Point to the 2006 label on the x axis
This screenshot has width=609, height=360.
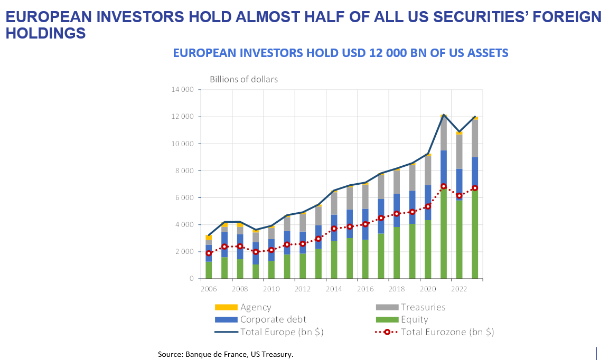click(208, 289)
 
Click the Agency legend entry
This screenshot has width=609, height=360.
click(255, 307)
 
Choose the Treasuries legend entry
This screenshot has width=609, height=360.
click(423, 307)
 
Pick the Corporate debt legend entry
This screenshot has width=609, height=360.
click(273, 319)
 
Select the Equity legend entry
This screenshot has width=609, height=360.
click(414, 319)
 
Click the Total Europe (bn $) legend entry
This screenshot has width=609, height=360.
click(282, 332)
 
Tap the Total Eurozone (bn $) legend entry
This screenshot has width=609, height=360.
click(447, 332)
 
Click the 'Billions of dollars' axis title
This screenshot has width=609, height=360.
click(243, 79)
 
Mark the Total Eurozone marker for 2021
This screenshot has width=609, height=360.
click(444, 186)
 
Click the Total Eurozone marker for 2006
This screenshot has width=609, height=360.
click(209, 253)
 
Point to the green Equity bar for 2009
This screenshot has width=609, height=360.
click(256, 271)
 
